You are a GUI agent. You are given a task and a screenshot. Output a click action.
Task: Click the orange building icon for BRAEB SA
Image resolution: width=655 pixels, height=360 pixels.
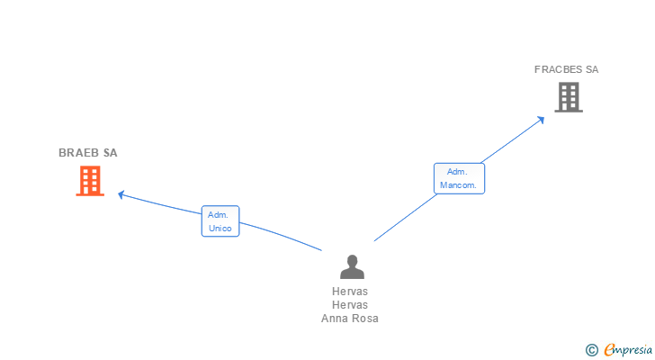(x=89, y=181)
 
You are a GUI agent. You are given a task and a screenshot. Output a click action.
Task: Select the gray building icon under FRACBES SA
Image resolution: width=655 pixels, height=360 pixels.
(x=568, y=97)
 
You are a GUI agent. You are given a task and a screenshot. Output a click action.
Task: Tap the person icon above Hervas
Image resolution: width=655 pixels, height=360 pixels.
(x=352, y=266)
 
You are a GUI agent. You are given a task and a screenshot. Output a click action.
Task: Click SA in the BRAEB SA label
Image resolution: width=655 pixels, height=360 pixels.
(x=110, y=153)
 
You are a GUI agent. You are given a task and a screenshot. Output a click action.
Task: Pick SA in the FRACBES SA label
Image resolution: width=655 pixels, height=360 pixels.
(x=591, y=69)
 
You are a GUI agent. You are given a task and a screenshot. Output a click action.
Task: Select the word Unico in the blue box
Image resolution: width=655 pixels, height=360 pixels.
(x=220, y=229)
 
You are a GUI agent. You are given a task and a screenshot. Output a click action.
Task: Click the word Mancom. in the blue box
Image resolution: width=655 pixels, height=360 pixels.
(x=460, y=185)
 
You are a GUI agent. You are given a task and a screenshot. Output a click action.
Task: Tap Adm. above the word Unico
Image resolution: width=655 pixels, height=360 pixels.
(x=218, y=214)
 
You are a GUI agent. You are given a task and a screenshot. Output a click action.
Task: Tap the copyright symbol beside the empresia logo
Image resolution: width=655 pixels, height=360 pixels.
(x=591, y=350)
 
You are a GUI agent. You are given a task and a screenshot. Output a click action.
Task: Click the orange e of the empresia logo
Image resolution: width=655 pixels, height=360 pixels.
(x=610, y=350)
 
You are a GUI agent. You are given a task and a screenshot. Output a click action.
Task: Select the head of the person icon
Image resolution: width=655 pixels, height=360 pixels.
(x=352, y=260)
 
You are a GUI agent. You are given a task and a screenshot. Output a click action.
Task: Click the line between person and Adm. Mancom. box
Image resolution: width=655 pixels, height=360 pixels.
(x=405, y=217)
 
